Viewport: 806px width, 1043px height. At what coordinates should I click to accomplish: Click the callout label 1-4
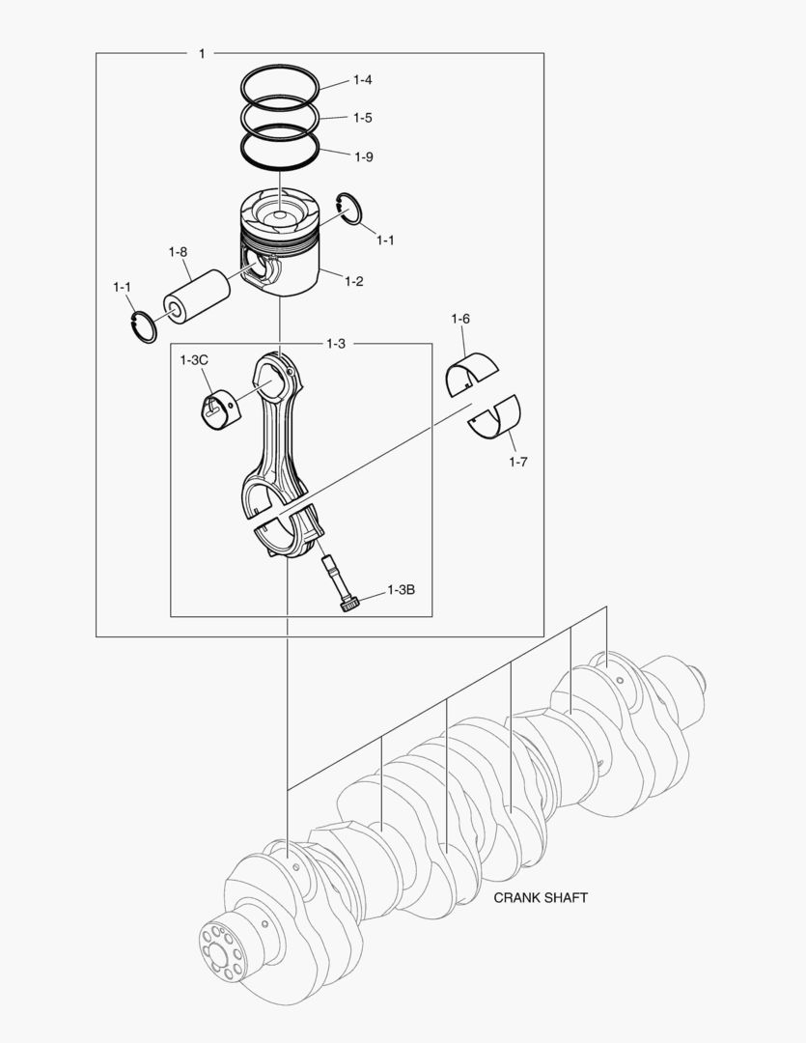(x=363, y=79)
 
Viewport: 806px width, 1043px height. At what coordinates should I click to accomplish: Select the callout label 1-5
(x=363, y=118)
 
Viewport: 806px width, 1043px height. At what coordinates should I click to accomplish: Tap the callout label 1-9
(x=363, y=156)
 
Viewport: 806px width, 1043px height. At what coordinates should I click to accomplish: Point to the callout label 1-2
(x=354, y=281)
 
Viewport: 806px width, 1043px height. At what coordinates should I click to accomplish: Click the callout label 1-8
(x=177, y=252)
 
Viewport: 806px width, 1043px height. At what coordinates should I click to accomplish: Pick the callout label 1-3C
(x=194, y=360)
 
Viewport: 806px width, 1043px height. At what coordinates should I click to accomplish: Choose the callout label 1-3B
(x=401, y=589)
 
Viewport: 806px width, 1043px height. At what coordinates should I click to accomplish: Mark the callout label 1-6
(x=460, y=319)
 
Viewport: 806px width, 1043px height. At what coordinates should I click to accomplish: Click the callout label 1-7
(x=518, y=462)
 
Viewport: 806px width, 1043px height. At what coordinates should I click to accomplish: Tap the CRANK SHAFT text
(x=541, y=897)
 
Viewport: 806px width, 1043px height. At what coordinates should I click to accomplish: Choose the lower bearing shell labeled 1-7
(x=496, y=416)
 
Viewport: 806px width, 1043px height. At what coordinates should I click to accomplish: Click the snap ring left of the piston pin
(x=143, y=326)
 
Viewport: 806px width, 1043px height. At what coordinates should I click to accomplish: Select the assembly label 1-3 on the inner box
(x=336, y=344)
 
